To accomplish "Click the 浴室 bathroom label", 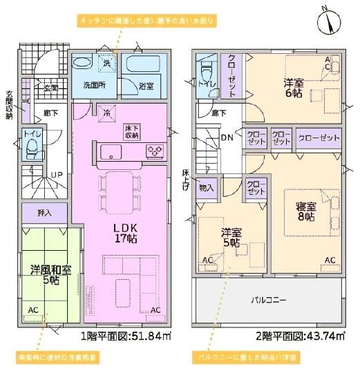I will pyautogui.click(x=146, y=86).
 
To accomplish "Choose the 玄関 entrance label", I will pyautogui.click(x=50, y=88).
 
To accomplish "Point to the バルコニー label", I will pyautogui.click(x=268, y=300).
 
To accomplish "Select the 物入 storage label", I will pyautogui.click(x=207, y=187).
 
